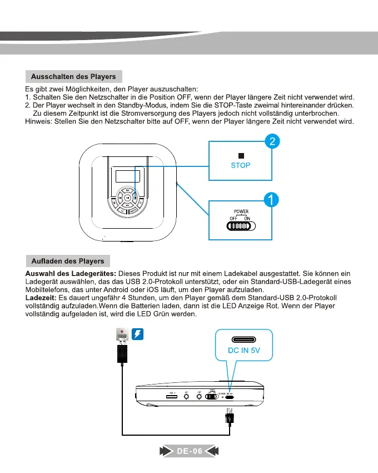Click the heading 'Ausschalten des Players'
74,76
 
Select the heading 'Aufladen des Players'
68,260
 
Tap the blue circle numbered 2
271,142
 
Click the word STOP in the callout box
241,165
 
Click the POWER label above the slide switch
241,211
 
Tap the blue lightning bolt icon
138,334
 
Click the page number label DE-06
190,451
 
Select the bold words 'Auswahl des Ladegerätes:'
71,273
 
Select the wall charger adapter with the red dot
121,334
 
